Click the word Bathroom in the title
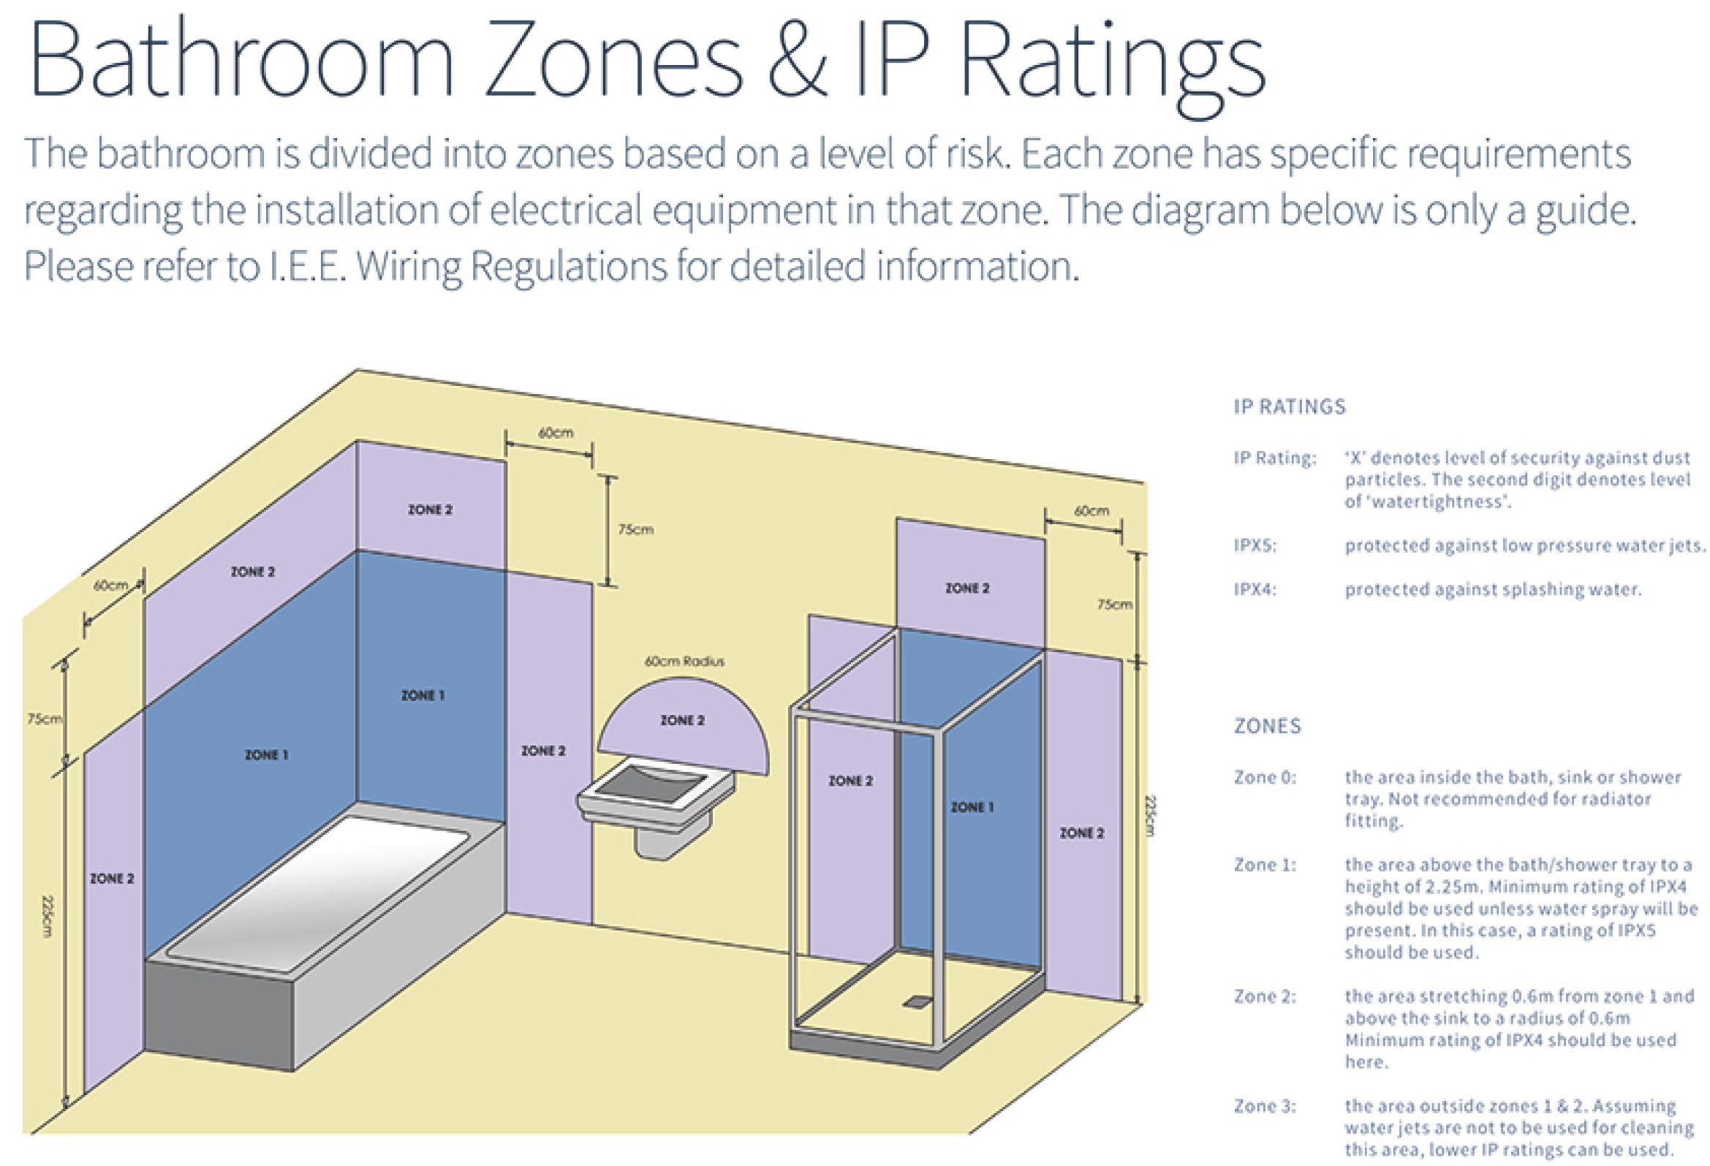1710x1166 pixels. [x=241, y=61]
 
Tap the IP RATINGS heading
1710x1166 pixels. [x=1289, y=406]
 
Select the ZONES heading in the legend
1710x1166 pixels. [x=1267, y=726]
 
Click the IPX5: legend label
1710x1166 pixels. [x=1255, y=546]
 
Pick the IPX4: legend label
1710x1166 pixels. [x=1255, y=589]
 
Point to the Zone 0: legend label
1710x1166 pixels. [x=1265, y=777]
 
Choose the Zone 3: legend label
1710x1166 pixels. [x=1265, y=1105]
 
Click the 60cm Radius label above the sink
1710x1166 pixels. [x=684, y=662]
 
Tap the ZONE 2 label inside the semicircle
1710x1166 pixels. [x=682, y=720]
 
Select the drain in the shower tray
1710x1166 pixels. [x=917, y=1002]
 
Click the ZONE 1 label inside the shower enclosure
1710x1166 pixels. [x=972, y=807]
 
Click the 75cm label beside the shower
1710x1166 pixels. [x=1115, y=605]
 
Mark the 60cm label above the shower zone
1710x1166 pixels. [x=1092, y=510]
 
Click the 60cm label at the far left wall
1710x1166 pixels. [x=110, y=586]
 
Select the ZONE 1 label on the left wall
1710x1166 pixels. [x=266, y=754]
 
